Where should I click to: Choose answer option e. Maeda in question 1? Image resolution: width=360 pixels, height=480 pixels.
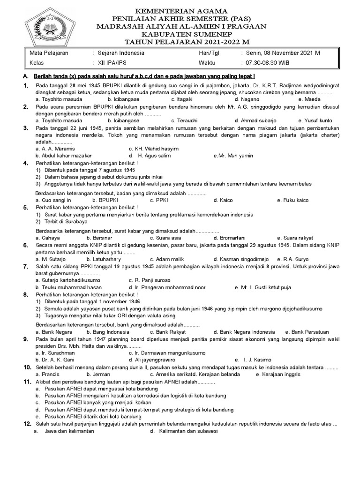(x=309, y=99)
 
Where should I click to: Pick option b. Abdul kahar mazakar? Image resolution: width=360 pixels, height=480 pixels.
(x=64, y=156)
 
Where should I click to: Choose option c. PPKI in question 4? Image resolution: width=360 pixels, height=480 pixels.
(x=159, y=200)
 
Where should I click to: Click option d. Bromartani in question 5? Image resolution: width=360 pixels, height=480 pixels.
(x=230, y=238)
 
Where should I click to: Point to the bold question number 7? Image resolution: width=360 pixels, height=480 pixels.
(x=26, y=266)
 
